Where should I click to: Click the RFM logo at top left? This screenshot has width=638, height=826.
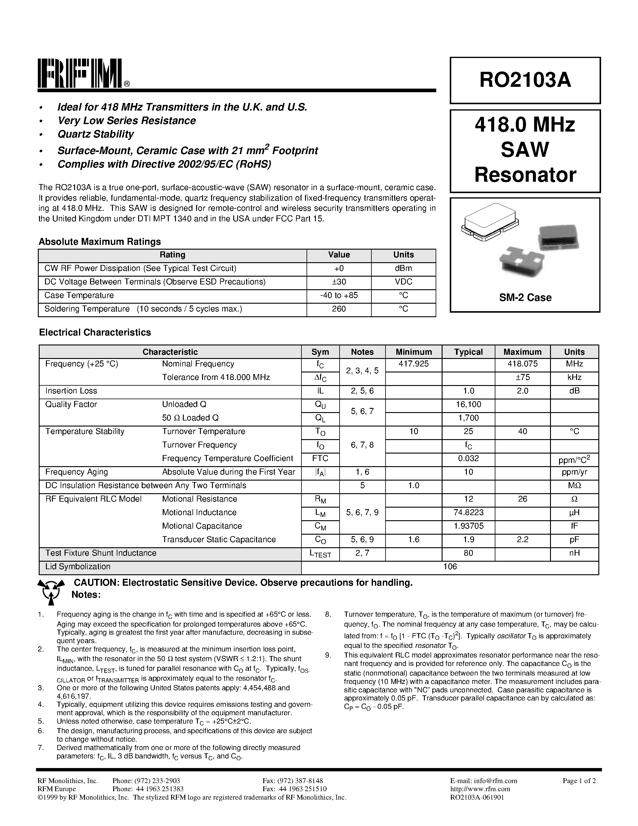click(81, 73)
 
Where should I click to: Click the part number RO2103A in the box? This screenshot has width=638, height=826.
click(525, 80)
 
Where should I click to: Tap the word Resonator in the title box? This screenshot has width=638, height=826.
click(525, 175)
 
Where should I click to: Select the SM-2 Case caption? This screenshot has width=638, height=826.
click(525, 298)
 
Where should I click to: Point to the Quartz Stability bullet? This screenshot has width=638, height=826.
click(95, 134)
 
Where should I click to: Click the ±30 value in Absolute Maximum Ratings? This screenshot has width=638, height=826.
click(339, 282)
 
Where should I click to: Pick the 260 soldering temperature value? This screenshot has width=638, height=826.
click(339, 309)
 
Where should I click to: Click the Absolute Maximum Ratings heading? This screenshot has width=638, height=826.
click(100, 242)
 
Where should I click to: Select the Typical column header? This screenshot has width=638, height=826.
click(468, 352)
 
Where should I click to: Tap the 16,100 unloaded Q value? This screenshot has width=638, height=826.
click(468, 405)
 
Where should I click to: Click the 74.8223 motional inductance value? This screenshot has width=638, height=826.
click(468, 513)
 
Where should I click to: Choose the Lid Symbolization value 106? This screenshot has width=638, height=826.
click(450, 566)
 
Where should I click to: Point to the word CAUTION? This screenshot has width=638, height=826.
click(95, 583)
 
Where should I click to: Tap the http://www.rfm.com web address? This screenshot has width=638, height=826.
click(480, 789)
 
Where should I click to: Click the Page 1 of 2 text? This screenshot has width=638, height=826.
click(579, 781)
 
